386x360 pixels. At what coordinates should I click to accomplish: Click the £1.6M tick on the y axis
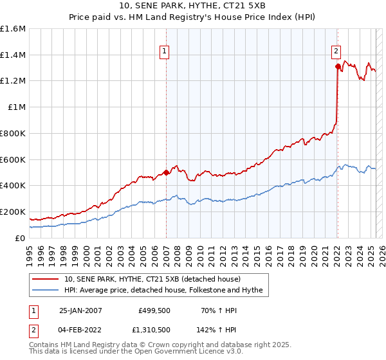click(13, 29)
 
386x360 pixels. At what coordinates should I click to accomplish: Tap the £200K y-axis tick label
click(13, 212)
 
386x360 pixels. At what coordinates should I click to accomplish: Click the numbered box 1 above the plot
click(165, 53)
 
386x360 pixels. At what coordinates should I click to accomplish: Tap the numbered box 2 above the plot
click(336, 53)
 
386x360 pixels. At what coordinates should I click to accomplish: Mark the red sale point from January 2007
click(166, 172)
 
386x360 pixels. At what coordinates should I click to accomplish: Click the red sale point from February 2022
click(337, 66)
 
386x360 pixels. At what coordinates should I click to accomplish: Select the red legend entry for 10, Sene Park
click(152, 279)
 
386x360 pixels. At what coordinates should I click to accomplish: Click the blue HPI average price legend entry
click(163, 290)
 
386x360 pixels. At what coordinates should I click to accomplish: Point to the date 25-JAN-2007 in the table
click(80, 310)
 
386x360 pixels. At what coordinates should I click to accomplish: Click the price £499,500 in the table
click(154, 310)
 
